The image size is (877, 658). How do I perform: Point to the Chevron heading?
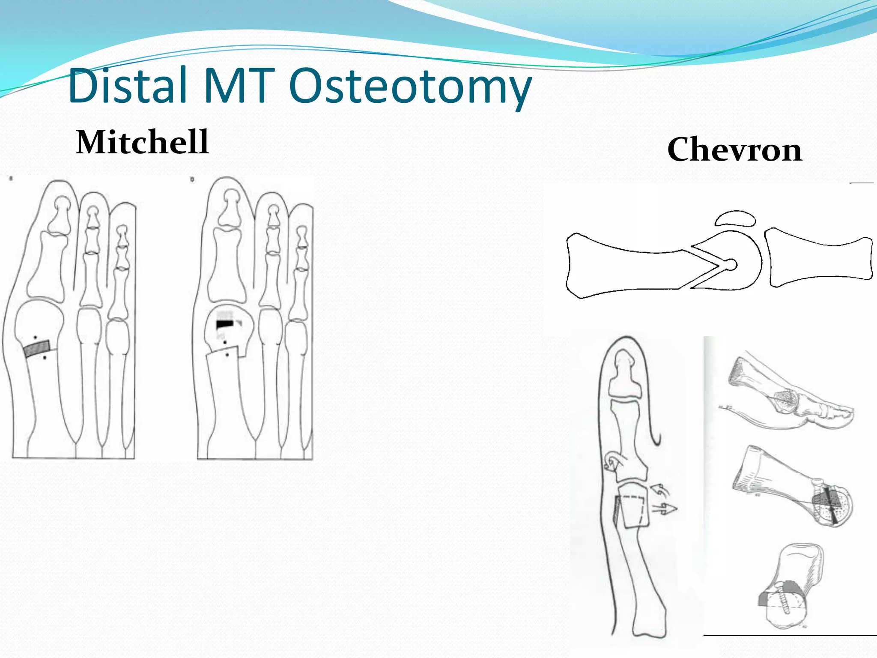pyautogui.click(x=734, y=150)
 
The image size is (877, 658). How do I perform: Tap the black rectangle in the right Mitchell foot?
pyautogui.click(x=224, y=324)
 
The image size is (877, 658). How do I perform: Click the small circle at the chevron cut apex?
pyautogui.click(x=732, y=265)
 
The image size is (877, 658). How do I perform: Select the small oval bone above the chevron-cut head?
pyautogui.click(x=735, y=218)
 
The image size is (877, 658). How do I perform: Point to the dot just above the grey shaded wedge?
pyautogui.click(x=36, y=338)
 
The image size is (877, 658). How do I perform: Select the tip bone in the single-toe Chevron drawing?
pyautogui.click(x=624, y=375)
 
